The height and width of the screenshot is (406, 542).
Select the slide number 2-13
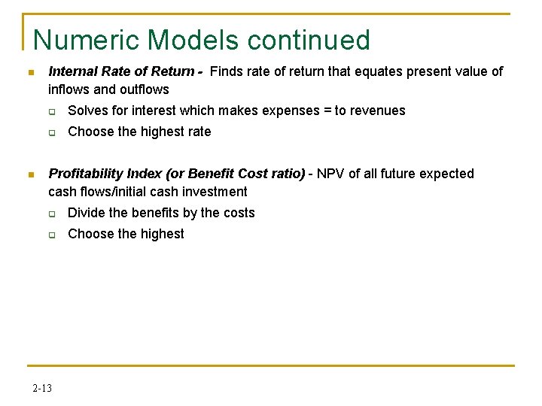click(42, 388)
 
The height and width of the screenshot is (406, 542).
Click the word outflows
click(144, 89)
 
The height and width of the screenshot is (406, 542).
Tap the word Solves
click(87, 111)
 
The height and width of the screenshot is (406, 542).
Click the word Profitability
click(85, 174)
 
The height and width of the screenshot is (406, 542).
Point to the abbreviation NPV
click(331, 174)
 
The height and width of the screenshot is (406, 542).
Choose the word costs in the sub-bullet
click(239, 213)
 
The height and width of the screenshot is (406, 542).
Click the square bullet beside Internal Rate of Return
click(30, 73)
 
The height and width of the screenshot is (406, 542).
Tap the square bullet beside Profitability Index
click(30, 175)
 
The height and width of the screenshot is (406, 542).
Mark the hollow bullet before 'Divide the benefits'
click(53, 214)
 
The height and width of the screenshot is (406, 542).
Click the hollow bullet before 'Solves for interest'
click(53, 112)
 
